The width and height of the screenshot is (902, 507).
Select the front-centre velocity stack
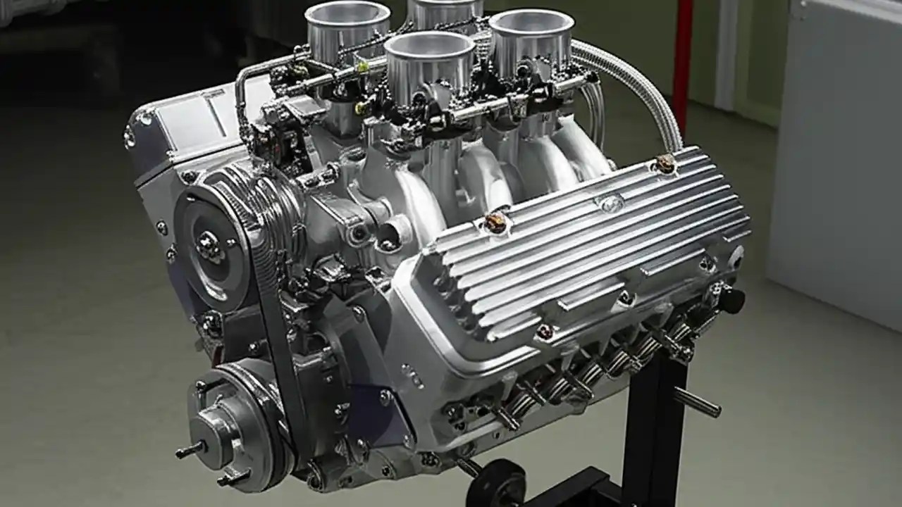click(430, 53)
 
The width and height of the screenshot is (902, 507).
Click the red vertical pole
click(682, 56)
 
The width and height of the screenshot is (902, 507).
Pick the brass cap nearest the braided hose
click(665, 163)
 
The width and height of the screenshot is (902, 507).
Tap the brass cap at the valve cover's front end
click(495, 223)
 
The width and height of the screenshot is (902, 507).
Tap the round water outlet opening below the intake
click(390, 234)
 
